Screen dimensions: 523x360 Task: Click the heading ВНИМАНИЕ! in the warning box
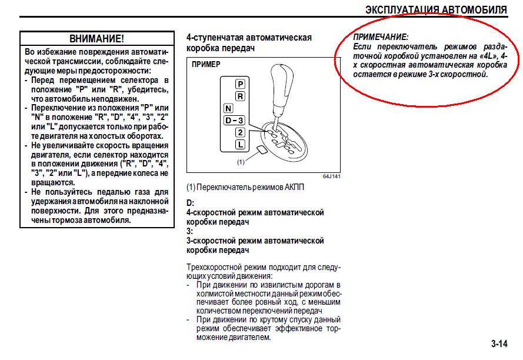(96, 39)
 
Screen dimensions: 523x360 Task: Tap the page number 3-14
(499, 344)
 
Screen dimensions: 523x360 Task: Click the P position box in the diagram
(240, 84)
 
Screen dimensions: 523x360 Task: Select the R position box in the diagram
(240, 96)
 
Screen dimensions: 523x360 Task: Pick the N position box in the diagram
(228, 108)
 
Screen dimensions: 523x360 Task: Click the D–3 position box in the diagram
(234, 121)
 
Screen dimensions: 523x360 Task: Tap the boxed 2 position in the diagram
(240, 132)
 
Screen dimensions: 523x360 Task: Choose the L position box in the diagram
(240, 145)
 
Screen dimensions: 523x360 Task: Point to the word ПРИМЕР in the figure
(206, 64)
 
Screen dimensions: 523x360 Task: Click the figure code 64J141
(332, 176)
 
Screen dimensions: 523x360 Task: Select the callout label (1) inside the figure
(241, 162)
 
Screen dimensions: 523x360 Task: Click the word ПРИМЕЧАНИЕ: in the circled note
(381, 37)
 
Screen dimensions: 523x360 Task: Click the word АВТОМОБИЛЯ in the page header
(474, 9)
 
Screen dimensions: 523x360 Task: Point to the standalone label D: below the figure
(190, 203)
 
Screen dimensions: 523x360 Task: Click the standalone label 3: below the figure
(190, 231)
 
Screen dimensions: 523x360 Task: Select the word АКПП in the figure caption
(295, 187)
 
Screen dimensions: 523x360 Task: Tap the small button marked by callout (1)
(261, 149)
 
